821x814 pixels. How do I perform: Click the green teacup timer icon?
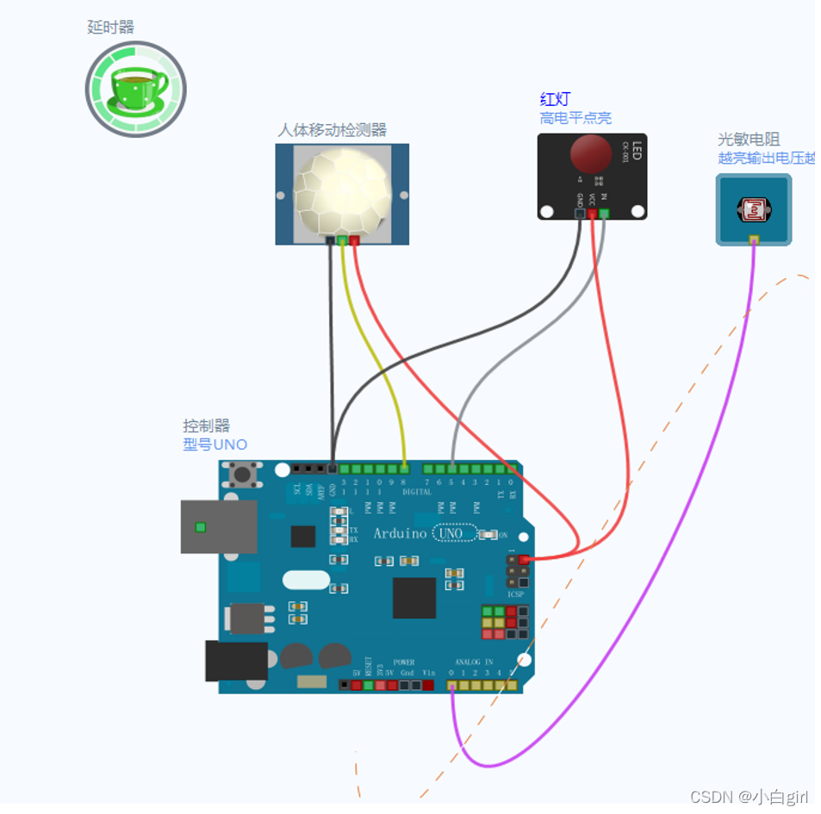click(x=135, y=89)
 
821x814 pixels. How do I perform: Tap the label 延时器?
click(x=111, y=28)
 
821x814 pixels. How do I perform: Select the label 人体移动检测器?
click(x=332, y=130)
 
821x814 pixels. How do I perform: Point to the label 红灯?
click(x=555, y=100)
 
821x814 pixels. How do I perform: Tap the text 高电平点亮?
click(x=575, y=118)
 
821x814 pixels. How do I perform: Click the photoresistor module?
click(x=753, y=209)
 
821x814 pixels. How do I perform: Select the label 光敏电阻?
click(x=749, y=140)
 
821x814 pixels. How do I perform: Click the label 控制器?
click(x=206, y=426)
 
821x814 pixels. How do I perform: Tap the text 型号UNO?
click(x=215, y=444)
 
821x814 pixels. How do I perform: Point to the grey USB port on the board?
click(x=219, y=526)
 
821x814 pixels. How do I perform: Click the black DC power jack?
click(x=235, y=661)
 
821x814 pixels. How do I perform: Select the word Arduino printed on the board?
click(x=400, y=534)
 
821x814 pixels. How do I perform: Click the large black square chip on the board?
click(x=414, y=598)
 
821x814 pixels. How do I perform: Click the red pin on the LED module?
click(x=592, y=214)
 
